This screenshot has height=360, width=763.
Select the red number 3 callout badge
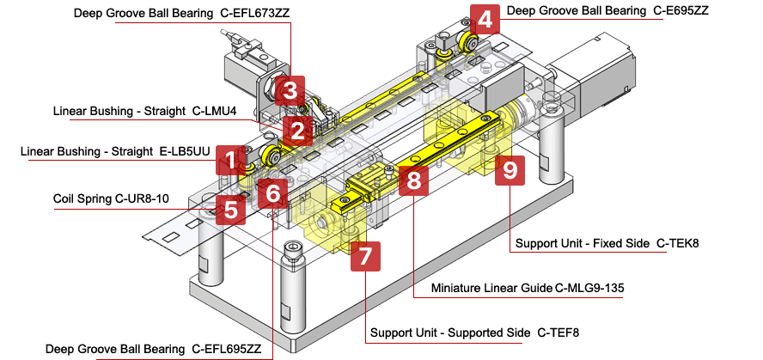290,89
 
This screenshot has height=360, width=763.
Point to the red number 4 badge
486,19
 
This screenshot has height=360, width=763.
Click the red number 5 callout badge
229,208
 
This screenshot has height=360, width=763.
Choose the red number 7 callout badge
364,255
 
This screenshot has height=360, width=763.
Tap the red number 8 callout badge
414,180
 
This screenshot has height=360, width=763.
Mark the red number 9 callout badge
510,171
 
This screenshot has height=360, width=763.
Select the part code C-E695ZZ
680,12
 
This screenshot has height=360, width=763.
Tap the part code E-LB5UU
186,152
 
